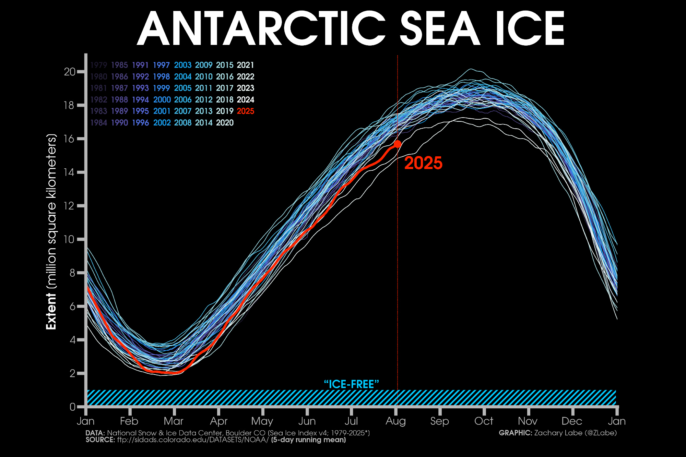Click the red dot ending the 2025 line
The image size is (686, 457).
tap(398, 144)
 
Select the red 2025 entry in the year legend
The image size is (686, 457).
tap(246, 111)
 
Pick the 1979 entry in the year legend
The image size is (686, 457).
tap(99, 65)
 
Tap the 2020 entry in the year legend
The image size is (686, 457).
tap(225, 123)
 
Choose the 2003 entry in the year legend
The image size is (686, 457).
tap(182, 65)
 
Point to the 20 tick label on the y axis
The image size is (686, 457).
tap(70, 72)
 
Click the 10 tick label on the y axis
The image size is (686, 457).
tap(70, 239)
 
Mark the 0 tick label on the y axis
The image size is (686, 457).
tap(72, 407)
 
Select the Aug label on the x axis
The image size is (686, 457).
tap(395, 421)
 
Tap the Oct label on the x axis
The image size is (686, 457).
tap(484, 421)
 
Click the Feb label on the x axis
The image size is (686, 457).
tap(129, 421)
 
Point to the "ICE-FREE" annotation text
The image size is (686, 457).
tap(351, 384)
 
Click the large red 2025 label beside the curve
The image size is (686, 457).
tap(423, 163)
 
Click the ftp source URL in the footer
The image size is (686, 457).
tap(193, 440)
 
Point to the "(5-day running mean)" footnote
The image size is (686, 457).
tap(308, 440)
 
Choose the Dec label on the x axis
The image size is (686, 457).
tap(572, 421)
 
